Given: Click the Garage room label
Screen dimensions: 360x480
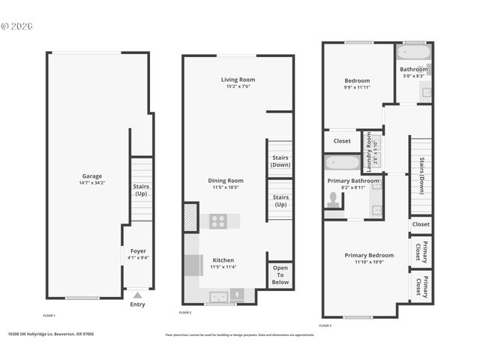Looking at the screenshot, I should click(92, 175).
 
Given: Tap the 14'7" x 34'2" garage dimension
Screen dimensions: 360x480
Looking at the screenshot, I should click(92, 183).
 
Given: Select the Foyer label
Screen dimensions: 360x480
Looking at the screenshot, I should click(138, 250).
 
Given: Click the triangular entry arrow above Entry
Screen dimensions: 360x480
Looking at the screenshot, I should click(137, 295).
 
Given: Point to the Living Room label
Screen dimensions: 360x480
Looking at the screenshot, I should click(238, 79).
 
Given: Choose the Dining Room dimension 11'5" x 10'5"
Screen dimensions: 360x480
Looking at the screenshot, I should click(226, 187).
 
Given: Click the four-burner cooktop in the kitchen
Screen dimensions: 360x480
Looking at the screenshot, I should click(218, 221).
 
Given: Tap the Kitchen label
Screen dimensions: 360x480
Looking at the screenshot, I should click(223, 259).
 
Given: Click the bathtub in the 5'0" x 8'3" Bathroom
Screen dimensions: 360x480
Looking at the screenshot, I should click(413, 53).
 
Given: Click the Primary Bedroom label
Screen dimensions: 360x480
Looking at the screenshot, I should click(368, 255).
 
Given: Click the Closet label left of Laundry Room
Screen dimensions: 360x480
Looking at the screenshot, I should click(342, 141).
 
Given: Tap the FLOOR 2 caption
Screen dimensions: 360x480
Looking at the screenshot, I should click(184, 312).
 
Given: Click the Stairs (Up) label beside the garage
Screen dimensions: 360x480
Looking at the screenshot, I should click(141, 190).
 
